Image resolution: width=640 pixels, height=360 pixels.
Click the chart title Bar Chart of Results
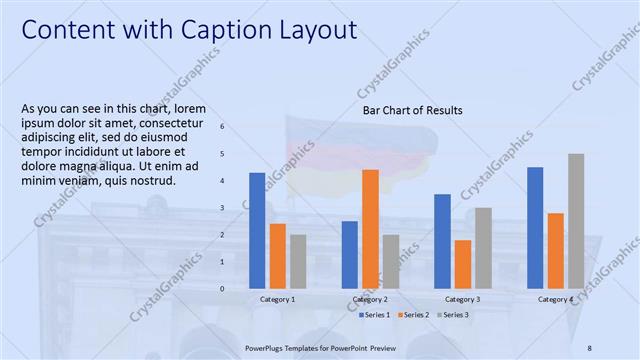(412, 110)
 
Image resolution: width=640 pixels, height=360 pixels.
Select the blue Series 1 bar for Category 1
(257, 230)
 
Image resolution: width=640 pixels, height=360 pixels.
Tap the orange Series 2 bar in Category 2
(370, 229)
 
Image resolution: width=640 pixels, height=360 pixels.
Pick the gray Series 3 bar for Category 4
(576, 221)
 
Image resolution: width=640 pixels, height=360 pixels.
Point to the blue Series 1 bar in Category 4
(535, 227)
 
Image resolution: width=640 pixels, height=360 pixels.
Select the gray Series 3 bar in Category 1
(298, 261)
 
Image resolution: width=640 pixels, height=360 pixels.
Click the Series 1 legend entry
(376, 315)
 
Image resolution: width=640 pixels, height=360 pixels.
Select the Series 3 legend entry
(451, 315)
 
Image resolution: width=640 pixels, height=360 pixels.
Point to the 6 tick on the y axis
(222, 127)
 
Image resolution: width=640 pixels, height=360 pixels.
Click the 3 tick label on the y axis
(222, 208)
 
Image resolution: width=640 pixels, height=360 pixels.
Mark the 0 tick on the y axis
(222, 289)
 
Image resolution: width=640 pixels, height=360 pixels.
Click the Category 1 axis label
(277, 299)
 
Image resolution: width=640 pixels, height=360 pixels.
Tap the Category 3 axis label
(462, 299)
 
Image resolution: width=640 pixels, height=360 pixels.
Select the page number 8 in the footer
(590, 347)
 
